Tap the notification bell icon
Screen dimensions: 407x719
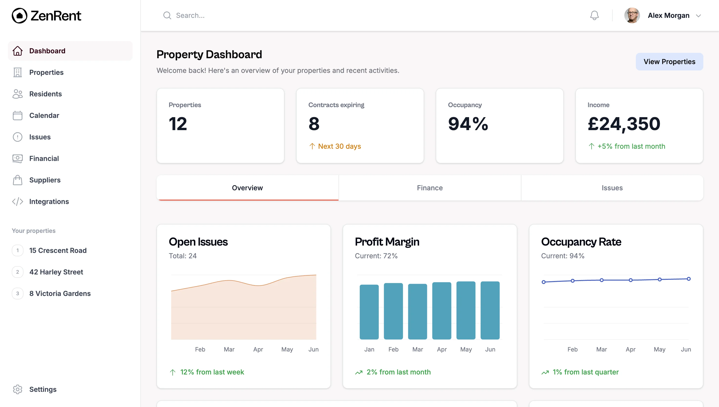[594, 15]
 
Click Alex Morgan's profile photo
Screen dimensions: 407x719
[631, 15]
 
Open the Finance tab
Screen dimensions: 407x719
[429, 188]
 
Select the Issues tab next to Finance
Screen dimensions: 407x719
[612, 188]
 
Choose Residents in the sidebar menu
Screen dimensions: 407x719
[45, 94]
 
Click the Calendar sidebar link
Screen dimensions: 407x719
[44, 115]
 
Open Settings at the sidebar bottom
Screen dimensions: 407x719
[43, 389]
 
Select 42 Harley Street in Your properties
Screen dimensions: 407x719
[56, 272]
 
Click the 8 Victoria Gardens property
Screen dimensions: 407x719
[60, 294]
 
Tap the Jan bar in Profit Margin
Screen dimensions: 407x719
[369, 312]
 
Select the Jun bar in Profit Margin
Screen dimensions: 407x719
[490, 310]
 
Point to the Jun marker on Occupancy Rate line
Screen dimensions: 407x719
[688, 279]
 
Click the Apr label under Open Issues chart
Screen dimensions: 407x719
[258, 350]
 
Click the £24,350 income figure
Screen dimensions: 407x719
[624, 124]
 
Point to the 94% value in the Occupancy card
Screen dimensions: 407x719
[468, 124]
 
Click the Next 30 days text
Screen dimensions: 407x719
[339, 146]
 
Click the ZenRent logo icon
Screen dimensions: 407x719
[19, 16]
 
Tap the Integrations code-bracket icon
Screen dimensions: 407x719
[17, 202]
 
